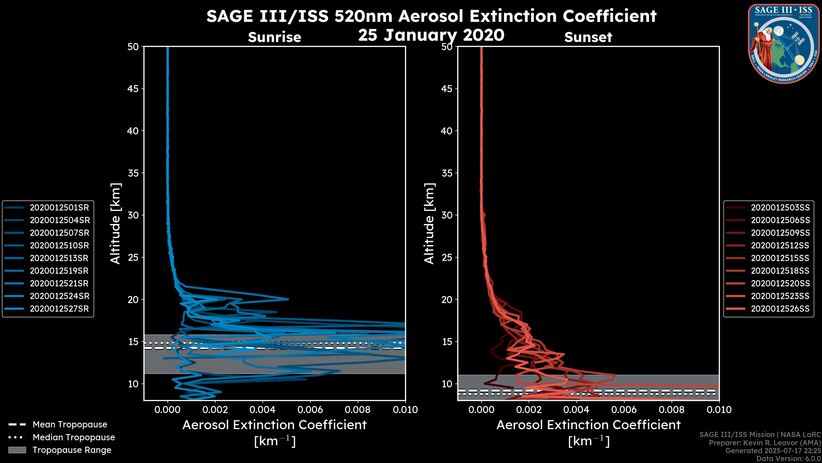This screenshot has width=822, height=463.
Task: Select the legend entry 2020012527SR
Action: (x=59, y=309)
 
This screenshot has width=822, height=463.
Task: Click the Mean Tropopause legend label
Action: (x=70, y=425)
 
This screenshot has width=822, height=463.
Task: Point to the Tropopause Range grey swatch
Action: (x=17, y=450)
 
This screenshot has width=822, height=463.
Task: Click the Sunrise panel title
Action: (x=274, y=37)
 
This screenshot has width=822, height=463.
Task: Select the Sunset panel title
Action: (x=588, y=37)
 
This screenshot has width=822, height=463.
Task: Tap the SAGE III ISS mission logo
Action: (x=784, y=43)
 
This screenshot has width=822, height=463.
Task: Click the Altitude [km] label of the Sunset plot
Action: (x=429, y=224)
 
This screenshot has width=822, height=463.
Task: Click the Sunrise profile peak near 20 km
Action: (x=288, y=299)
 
